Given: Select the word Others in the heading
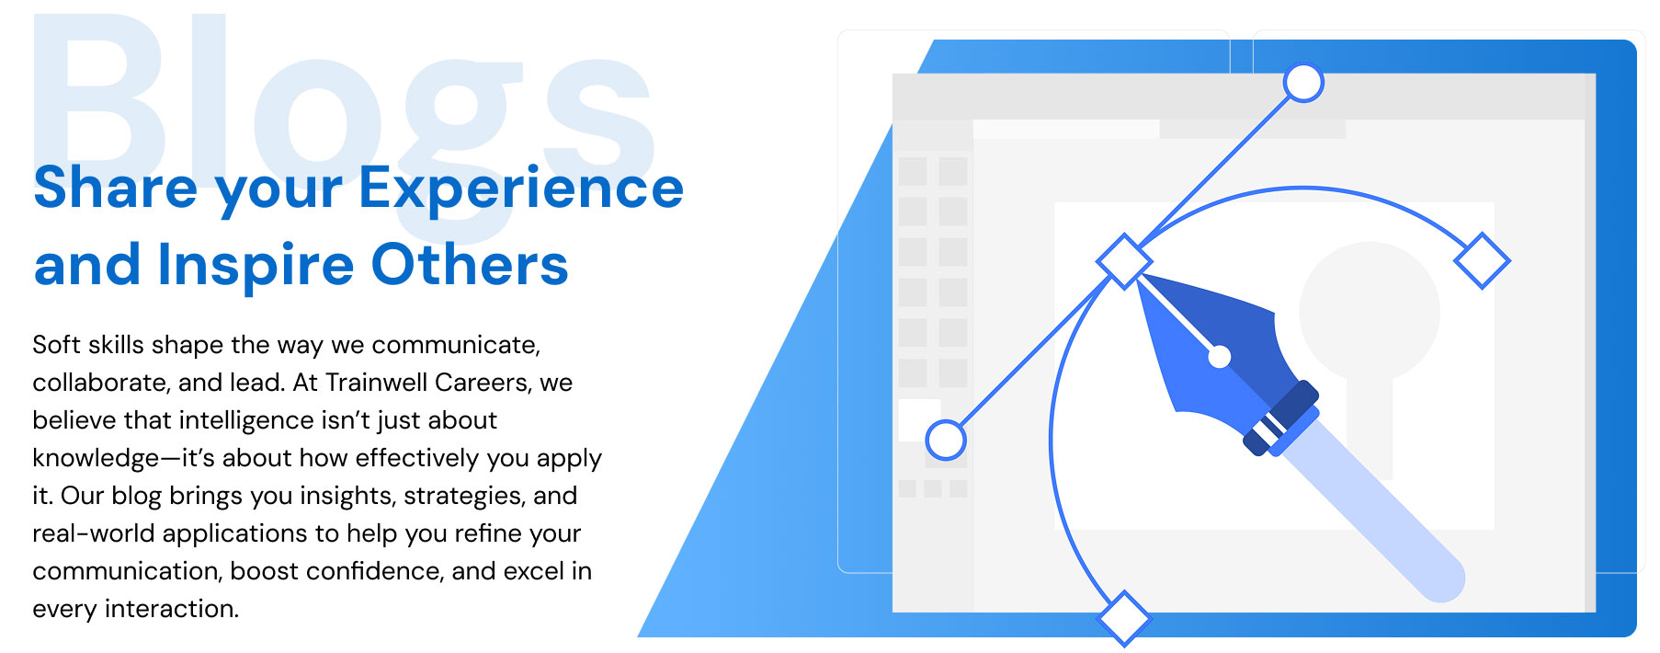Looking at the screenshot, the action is pyautogui.click(x=470, y=265).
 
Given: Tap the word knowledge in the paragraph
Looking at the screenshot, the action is pyautogui.click(x=96, y=458).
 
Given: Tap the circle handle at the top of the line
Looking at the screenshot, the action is pyautogui.click(x=1302, y=83).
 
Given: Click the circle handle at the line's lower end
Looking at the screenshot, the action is pyautogui.click(x=945, y=440).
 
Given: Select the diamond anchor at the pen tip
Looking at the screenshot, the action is pyautogui.click(x=1124, y=261).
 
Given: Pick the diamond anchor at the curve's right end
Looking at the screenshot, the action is pyautogui.click(x=1482, y=260).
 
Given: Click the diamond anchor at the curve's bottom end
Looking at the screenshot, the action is pyautogui.click(x=1123, y=618).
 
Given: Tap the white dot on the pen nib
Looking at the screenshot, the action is pyautogui.click(x=1219, y=357).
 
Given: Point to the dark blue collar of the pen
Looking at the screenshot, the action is pyautogui.click(x=1280, y=418).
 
